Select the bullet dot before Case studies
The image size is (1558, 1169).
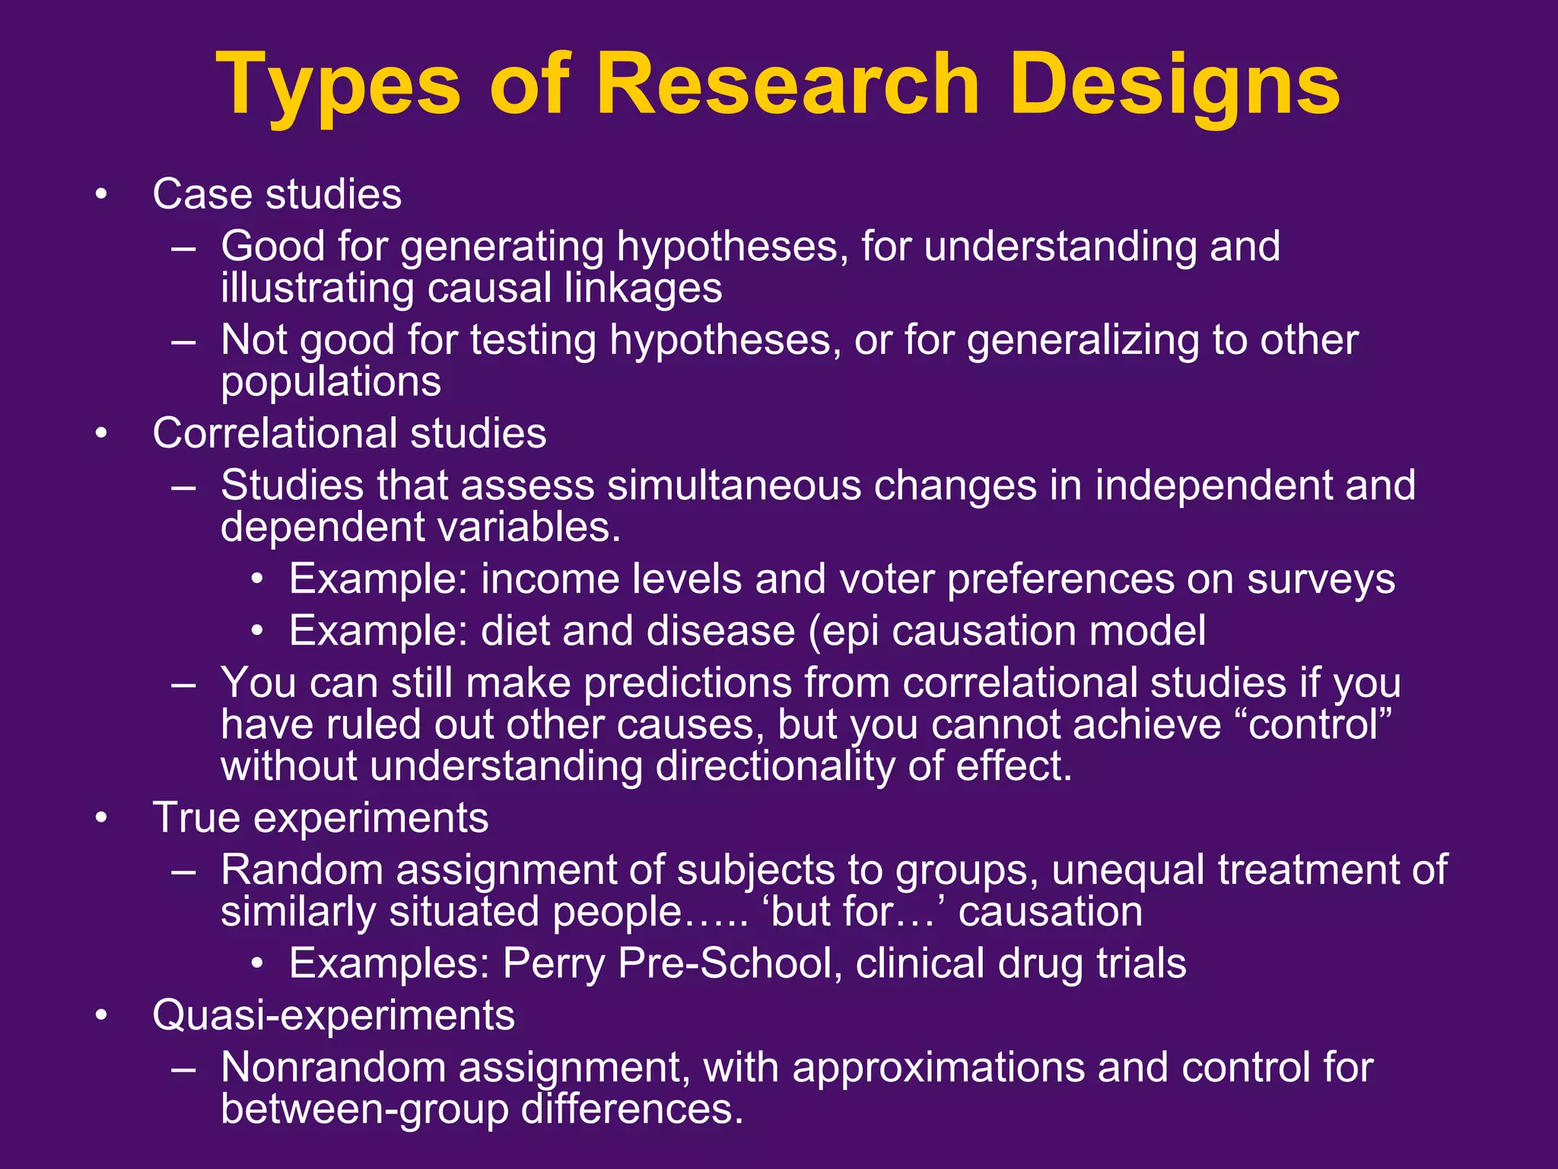[102, 195]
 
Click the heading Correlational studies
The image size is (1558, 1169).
[349, 434]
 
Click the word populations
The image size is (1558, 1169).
[330, 381]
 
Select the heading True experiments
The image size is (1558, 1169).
[320, 818]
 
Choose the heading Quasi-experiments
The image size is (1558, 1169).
[333, 1015]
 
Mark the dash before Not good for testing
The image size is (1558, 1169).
[183, 341]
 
